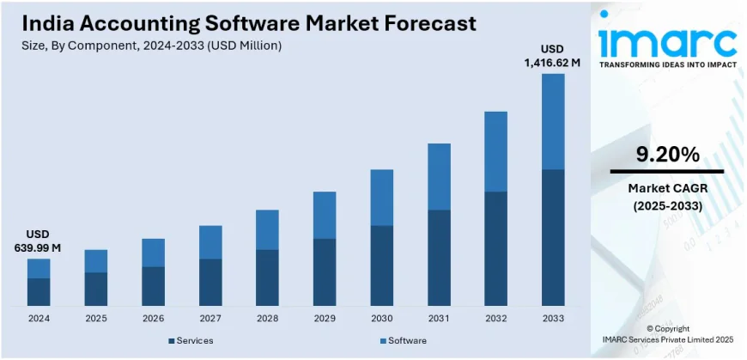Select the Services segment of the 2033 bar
point(553,237)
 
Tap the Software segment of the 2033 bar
point(553,121)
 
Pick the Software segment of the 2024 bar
point(39,268)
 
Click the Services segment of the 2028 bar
point(267,278)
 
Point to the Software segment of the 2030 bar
point(381,197)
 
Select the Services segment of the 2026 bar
point(153,286)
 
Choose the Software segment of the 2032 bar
point(495,151)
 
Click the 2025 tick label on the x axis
point(96,318)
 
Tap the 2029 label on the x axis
point(325,318)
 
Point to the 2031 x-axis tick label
point(439,318)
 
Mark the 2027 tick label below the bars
point(210,318)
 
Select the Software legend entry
point(403,341)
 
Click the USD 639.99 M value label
point(38,241)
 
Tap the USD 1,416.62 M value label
point(553,55)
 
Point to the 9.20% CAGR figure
point(666,155)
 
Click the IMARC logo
point(667,40)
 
